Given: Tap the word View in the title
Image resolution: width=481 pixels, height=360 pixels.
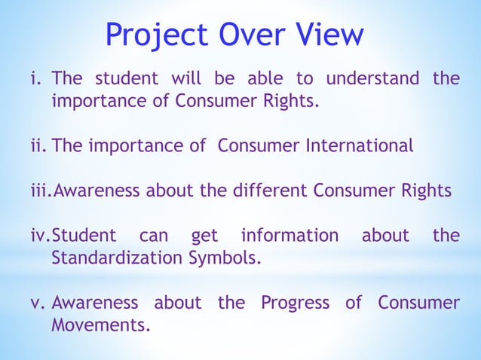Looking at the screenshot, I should coord(327,35).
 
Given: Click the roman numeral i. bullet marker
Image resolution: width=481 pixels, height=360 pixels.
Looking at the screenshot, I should coord(37,78).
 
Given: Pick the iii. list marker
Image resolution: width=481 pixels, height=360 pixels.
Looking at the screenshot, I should coord(40,191).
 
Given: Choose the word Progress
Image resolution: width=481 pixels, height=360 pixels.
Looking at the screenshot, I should coord(295,303).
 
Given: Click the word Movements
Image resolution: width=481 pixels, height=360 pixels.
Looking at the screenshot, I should coord(100,326).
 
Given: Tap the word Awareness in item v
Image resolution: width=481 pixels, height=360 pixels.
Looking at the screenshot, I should coord(95,303).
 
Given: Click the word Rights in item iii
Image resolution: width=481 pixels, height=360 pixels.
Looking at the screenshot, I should coord(426,191).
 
